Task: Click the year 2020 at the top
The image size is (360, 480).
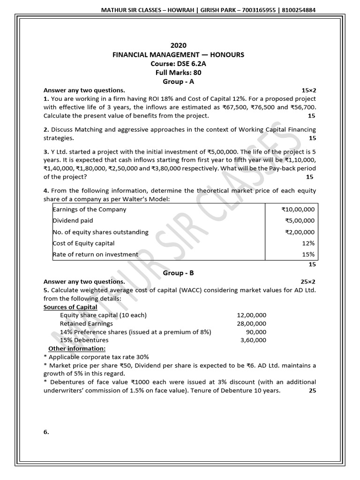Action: point(178,45)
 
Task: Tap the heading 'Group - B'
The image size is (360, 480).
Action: point(178,272)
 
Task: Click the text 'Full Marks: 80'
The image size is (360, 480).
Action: point(178,72)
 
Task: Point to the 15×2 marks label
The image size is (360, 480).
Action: point(308,90)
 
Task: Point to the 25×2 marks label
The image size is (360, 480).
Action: point(308,282)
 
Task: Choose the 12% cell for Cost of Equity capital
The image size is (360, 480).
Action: point(308,243)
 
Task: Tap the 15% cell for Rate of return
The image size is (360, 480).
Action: point(308,255)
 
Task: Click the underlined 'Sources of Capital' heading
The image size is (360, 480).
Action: point(70,307)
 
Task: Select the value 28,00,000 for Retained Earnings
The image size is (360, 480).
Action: point(251,323)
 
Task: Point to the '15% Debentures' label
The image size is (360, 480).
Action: point(84,340)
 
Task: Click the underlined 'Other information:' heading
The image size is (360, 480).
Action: point(77,348)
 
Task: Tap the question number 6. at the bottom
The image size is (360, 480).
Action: point(46,433)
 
